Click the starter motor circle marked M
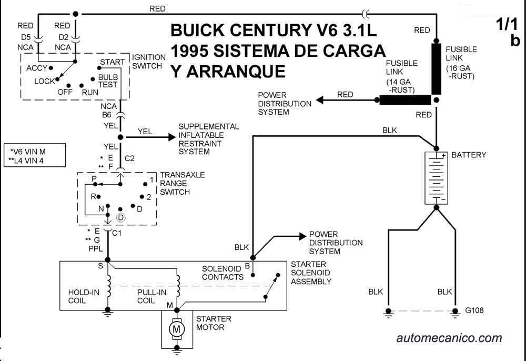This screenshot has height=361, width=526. click(x=177, y=329)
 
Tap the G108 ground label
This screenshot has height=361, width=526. click(x=474, y=310)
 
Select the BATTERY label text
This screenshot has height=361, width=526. click(x=469, y=155)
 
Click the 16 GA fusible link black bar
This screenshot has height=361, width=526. click(x=437, y=69)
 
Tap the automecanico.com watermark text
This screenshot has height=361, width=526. click(x=449, y=338)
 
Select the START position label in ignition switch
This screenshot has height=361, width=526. click(x=112, y=62)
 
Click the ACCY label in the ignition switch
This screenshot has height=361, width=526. click(x=36, y=68)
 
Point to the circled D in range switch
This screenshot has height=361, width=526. click(x=120, y=217)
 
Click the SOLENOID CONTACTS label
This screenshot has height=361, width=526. click(x=223, y=273)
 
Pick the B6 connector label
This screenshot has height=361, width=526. click(x=106, y=114)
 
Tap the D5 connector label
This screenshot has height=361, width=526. click(x=26, y=37)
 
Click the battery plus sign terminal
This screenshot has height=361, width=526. click(x=443, y=156)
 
